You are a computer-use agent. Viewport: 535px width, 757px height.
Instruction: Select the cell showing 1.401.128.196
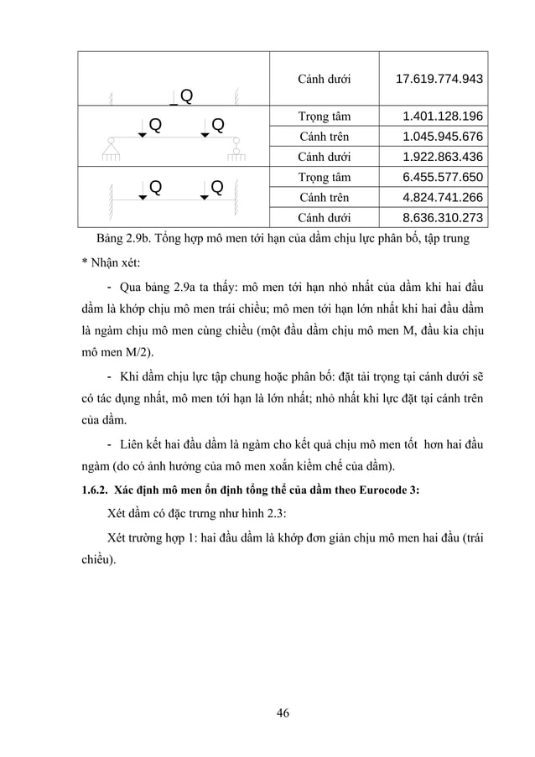pyautogui.click(x=442, y=117)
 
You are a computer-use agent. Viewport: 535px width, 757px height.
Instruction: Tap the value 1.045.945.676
pyautogui.click(x=442, y=137)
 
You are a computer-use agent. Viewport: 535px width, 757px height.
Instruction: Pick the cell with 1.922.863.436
pyautogui.click(x=442, y=157)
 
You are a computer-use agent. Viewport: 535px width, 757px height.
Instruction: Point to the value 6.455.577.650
pyautogui.click(x=442, y=178)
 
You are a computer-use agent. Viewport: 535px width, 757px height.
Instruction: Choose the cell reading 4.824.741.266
pyautogui.click(x=442, y=198)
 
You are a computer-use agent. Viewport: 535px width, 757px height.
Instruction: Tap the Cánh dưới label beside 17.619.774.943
pyautogui.click(x=325, y=80)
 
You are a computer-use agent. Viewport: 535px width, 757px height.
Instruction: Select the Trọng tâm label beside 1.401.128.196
pyautogui.click(x=325, y=117)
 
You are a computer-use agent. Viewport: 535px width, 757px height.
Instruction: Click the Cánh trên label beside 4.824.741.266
pyautogui.click(x=325, y=198)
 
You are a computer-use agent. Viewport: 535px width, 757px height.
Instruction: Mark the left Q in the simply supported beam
pyautogui.click(x=155, y=126)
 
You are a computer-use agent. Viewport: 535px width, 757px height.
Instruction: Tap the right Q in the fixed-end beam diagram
pyautogui.click(x=216, y=186)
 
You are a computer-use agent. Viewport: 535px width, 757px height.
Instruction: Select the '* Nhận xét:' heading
pyautogui.click(x=105, y=263)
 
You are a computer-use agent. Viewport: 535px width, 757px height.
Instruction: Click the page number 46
pyautogui.click(x=283, y=713)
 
